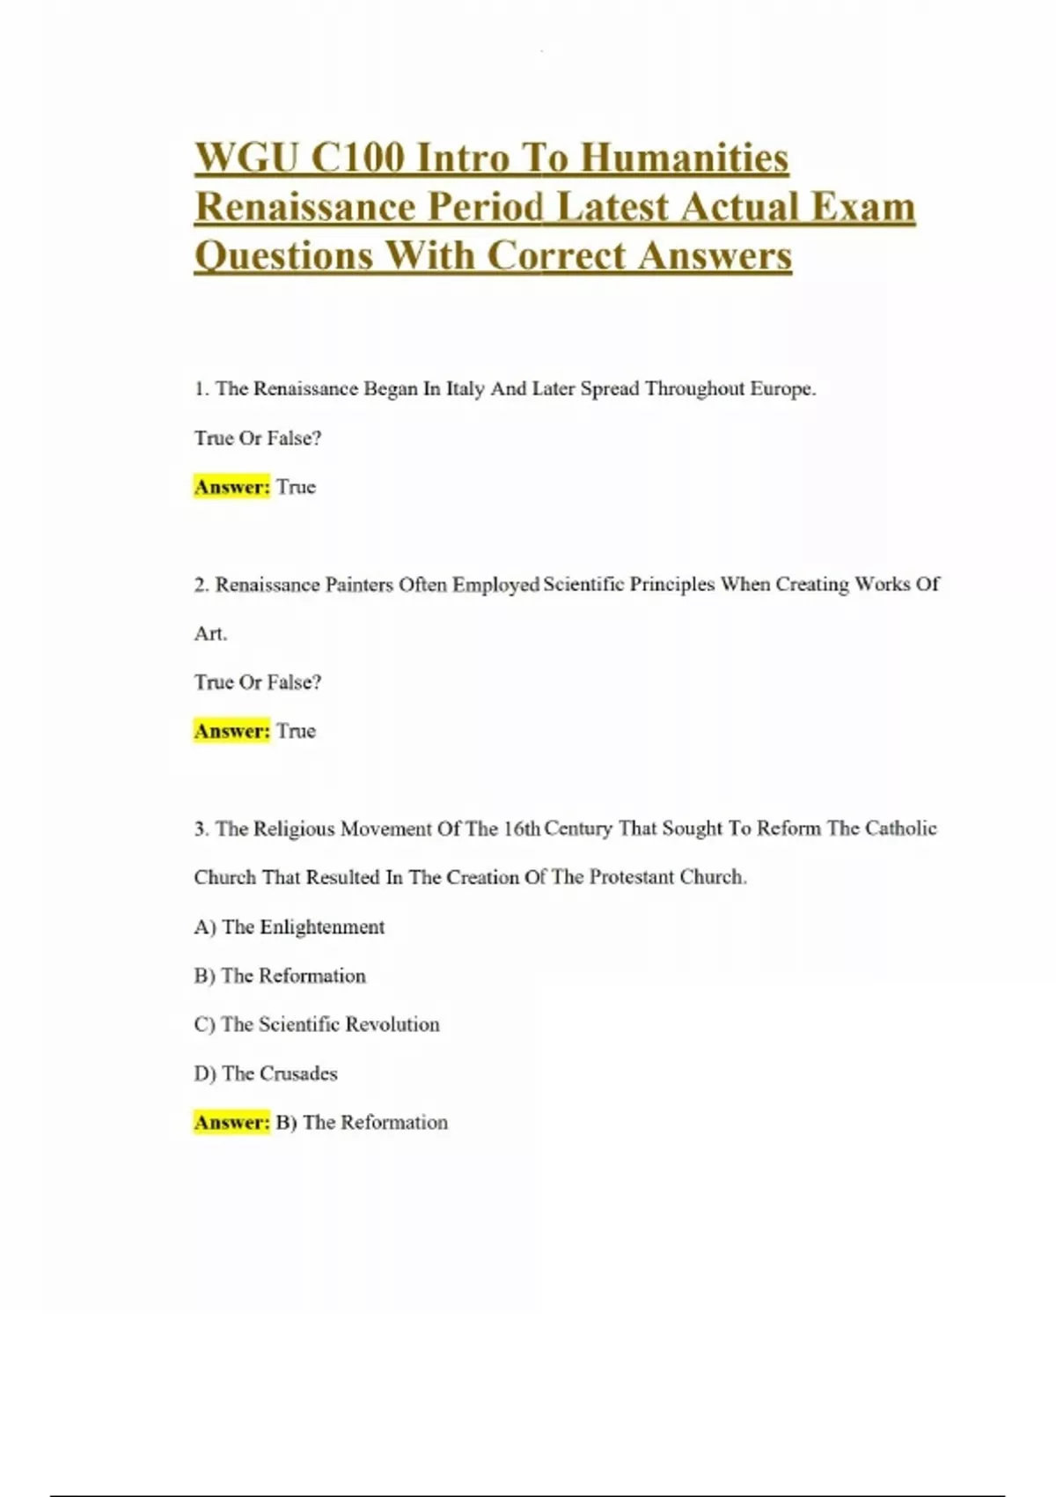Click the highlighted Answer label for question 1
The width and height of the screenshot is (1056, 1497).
[x=231, y=487]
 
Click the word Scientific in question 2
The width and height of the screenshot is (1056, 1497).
[x=583, y=585]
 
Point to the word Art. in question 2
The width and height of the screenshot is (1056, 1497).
[x=210, y=633]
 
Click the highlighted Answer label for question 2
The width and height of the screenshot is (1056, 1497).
[x=231, y=731]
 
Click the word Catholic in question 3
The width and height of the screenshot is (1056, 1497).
[x=900, y=829]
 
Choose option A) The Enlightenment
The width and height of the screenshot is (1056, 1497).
[x=290, y=926]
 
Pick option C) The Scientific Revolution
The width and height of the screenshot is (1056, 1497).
[x=317, y=1024]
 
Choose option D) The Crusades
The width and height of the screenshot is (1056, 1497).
[x=266, y=1073]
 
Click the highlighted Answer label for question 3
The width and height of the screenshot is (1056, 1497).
[x=231, y=1122]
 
